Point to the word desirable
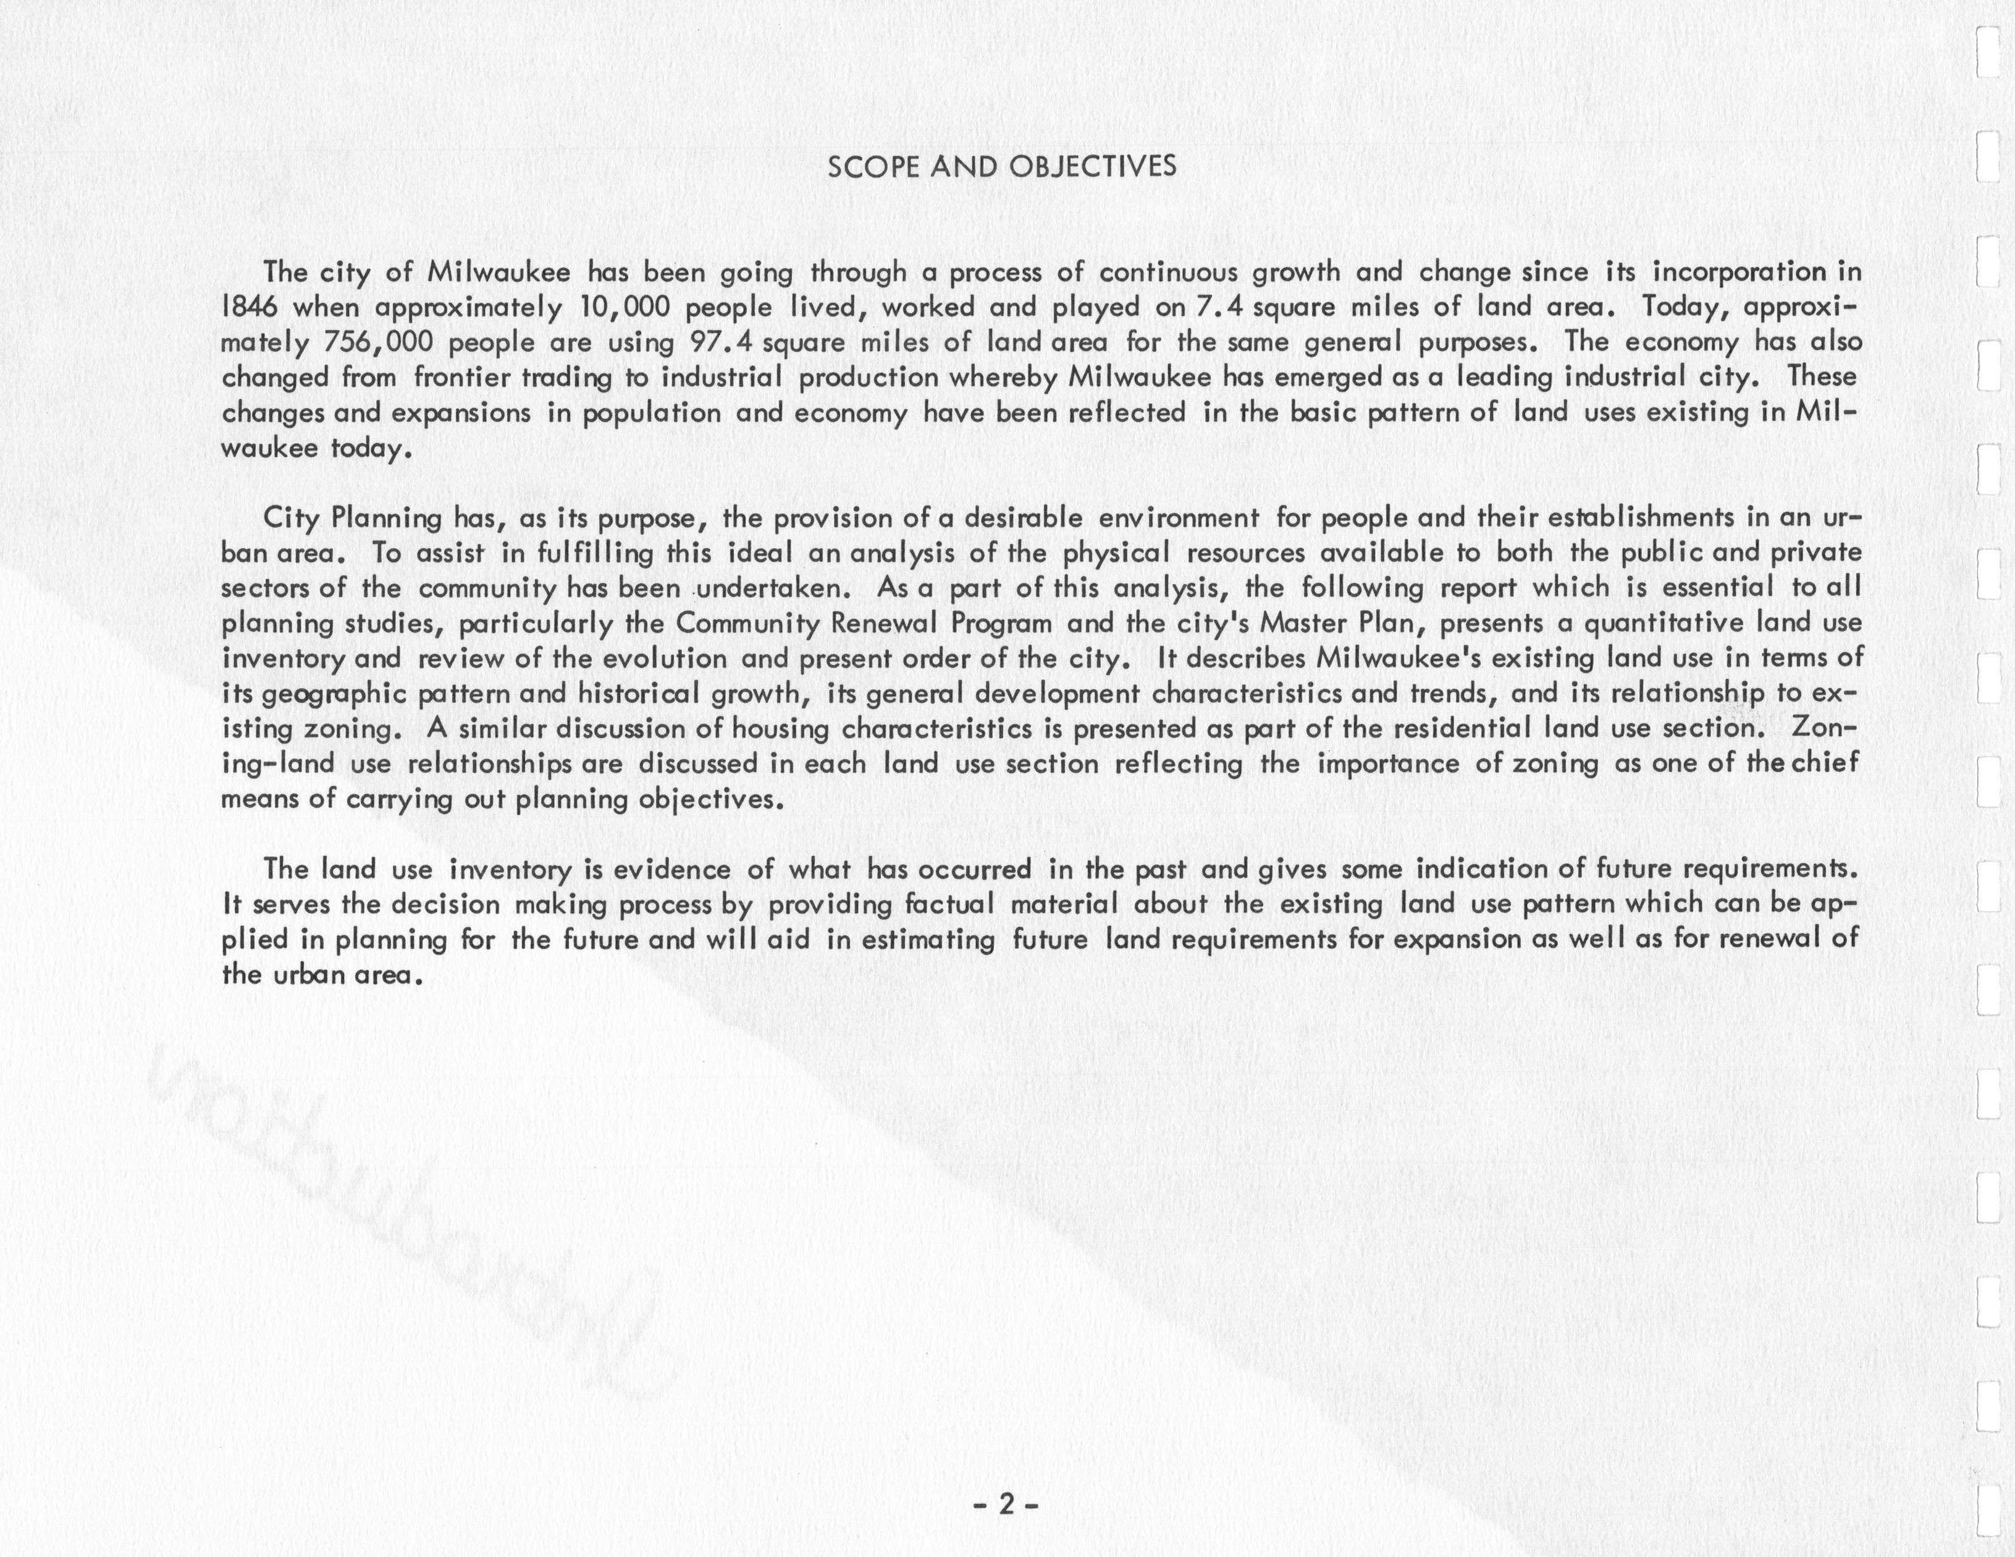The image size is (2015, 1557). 1022,518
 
